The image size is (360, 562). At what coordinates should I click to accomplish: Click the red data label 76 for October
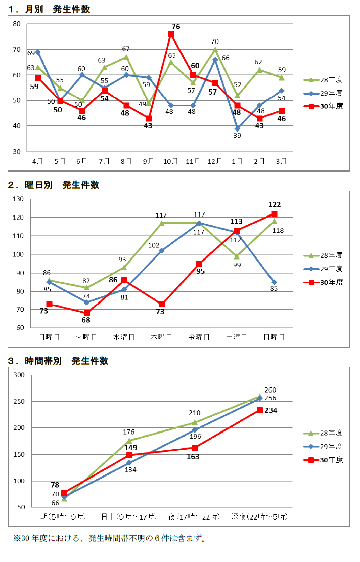pyautogui.click(x=176, y=26)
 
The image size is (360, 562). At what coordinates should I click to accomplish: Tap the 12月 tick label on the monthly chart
pyautogui.click(x=215, y=161)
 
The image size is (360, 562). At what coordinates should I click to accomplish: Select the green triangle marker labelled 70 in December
pyautogui.click(x=215, y=50)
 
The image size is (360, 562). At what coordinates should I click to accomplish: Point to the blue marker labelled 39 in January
pyautogui.click(x=237, y=128)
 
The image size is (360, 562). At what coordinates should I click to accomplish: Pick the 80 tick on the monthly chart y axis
pyautogui.click(x=16, y=24)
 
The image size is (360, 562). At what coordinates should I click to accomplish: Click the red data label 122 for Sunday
pyautogui.click(x=275, y=204)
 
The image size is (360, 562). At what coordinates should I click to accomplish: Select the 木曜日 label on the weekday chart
pyautogui.click(x=162, y=337)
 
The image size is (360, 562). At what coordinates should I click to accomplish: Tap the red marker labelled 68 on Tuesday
pyautogui.click(x=87, y=313)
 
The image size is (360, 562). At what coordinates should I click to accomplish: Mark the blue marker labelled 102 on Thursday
pyautogui.click(x=162, y=250)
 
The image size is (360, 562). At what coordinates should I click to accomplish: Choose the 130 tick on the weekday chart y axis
pyautogui.click(x=18, y=199)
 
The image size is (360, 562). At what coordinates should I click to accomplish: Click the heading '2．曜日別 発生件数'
pyautogui.click(x=54, y=185)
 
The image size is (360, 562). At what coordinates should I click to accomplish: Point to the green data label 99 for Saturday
pyautogui.click(x=237, y=265)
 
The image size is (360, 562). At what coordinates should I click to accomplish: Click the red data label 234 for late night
pyautogui.click(x=271, y=410)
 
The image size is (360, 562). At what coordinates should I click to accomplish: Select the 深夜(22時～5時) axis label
pyautogui.click(x=259, y=516)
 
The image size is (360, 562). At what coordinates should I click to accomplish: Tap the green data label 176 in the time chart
pyautogui.click(x=129, y=432)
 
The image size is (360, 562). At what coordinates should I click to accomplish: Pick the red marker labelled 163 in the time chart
pyautogui.click(x=195, y=448)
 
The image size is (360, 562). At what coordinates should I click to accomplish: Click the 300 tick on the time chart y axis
pyautogui.click(x=19, y=375)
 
